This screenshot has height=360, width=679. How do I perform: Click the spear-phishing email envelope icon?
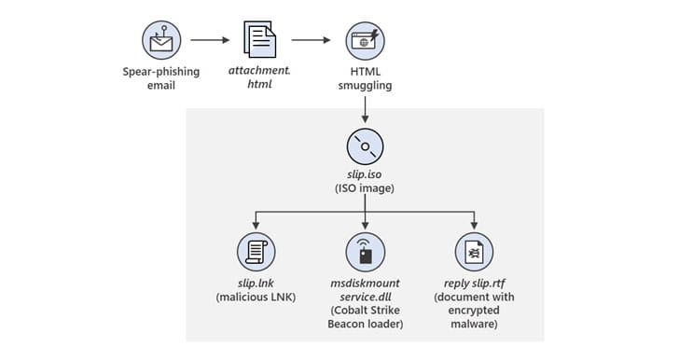[x=161, y=40]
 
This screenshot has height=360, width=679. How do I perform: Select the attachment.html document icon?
[x=260, y=39]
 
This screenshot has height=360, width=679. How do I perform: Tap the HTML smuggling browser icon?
[x=365, y=41]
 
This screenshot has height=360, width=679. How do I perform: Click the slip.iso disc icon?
[x=365, y=146]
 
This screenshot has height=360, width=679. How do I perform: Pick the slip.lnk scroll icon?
[x=256, y=252]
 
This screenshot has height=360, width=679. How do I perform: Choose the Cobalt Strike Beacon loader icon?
[x=365, y=252]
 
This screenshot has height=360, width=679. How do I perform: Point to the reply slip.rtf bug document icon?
[x=474, y=252]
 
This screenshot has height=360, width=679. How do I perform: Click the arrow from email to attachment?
[x=210, y=40]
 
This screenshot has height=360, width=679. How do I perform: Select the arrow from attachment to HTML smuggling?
[x=311, y=40]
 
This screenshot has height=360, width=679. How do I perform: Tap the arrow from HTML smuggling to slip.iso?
[x=365, y=110]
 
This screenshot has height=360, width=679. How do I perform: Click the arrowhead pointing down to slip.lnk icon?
[x=256, y=226]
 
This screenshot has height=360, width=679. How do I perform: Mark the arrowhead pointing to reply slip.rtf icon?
[x=474, y=226]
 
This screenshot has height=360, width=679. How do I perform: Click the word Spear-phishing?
[x=161, y=72]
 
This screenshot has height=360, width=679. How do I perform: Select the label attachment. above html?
[x=260, y=70]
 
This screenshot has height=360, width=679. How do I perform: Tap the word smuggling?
[x=365, y=86]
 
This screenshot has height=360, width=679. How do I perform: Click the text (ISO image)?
[x=365, y=188]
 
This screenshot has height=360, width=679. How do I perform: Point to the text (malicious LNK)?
[x=256, y=298]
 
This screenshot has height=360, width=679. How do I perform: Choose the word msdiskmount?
[x=365, y=284]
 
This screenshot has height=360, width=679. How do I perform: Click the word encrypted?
[x=474, y=311]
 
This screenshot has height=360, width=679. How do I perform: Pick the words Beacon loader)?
[x=365, y=324]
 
